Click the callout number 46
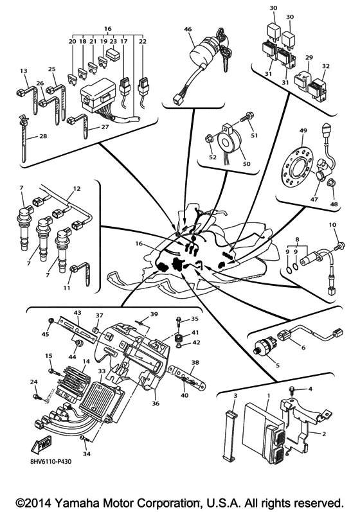(188, 29)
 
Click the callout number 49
(301, 131)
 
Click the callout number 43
(77, 313)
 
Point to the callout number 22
(143, 41)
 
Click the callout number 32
(326, 67)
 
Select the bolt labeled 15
(51, 370)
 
